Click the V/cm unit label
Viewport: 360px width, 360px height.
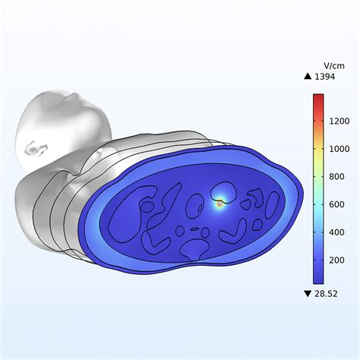pos(334,65)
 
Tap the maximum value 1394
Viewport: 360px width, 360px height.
pos(324,77)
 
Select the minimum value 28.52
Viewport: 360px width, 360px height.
pos(326,294)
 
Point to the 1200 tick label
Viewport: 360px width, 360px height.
pos(339,121)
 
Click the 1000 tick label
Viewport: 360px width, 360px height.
pos(339,149)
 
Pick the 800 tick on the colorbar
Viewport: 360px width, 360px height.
pos(336,177)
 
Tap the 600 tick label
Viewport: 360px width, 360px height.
pos(336,204)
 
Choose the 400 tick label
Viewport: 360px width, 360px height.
pos(336,232)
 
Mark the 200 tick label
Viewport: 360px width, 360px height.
pos(336,261)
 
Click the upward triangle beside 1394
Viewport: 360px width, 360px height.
pos(308,76)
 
